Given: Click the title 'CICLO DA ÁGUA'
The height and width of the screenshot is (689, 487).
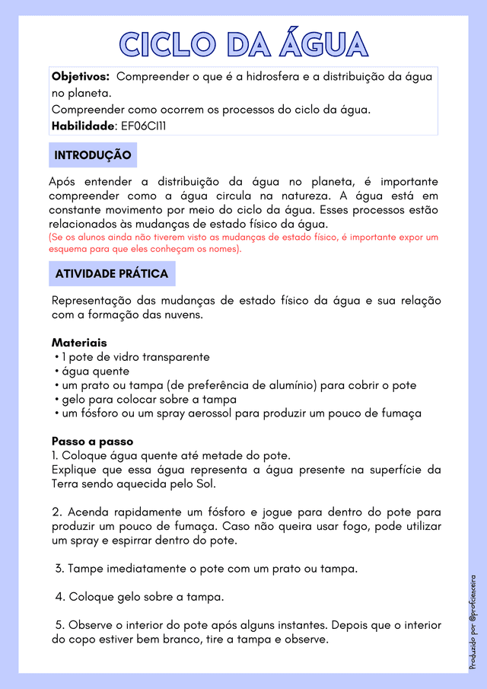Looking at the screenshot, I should [x=243, y=43].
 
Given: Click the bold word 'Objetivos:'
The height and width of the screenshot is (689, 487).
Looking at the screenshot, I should [x=81, y=77].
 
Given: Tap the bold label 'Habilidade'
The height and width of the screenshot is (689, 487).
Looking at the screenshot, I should [x=83, y=126].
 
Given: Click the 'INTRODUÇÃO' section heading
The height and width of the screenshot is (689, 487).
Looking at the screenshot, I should [x=93, y=155].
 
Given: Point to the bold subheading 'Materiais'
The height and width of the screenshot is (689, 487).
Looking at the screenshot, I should [x=79, y=343].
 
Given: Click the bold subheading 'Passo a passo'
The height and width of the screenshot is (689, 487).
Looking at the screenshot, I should [x=92, y=441].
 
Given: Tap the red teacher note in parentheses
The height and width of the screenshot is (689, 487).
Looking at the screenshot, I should [x=243, y=243].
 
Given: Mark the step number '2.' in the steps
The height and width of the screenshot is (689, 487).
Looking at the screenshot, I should [x=57, y=512].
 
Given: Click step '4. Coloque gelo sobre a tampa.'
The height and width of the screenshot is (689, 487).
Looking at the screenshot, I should [x=139, y=596].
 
